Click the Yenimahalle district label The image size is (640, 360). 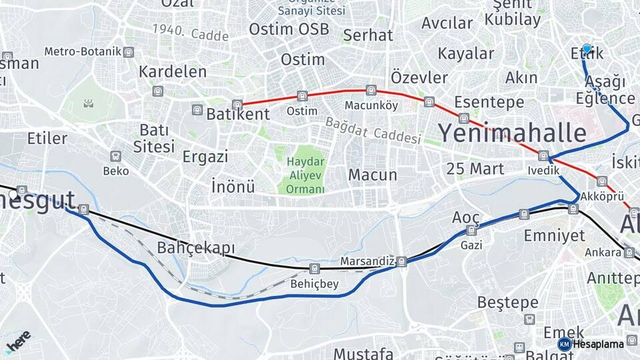click(x=512, y=133)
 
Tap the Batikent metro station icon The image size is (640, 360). click(x=237, y=105)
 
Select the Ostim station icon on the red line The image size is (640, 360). click(x=302, y=96)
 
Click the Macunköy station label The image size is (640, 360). click(x=371, y=105)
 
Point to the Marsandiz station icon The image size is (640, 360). click(x=401, y=261)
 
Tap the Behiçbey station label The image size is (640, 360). click(x=315, y=284)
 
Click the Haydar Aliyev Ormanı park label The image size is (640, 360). click(x=305, y=175)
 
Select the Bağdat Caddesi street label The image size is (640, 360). click(x=373, y=130)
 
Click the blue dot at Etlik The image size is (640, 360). click(x=587, y=49)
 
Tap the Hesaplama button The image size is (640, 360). click(x=591, y=344)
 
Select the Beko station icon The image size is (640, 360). click(x=116, y=157)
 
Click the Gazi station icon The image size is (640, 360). click(x=471, y=231)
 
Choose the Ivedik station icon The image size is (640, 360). click(x=543, y=156)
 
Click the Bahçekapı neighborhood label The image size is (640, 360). click(x=196, y=248)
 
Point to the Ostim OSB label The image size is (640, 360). click(x=289, y=29)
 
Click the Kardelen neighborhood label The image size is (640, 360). click(x=173, y=71)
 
